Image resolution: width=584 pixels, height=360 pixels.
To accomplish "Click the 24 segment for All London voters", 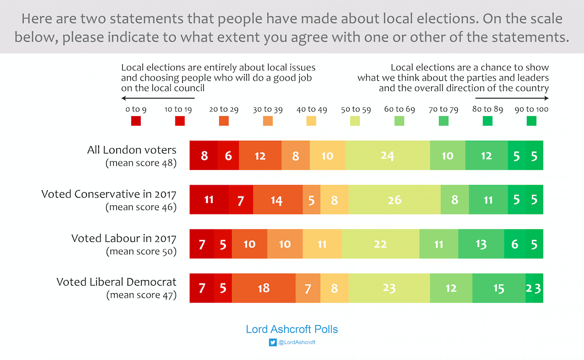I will click(387, 156).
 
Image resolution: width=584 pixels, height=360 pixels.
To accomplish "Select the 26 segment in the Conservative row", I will click(395, 200).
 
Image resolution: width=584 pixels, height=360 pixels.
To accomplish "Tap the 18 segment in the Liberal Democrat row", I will click(264, 289).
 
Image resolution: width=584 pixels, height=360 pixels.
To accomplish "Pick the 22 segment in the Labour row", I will click(380, 244).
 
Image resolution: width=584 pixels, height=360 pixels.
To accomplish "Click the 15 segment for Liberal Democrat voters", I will click(498, 289).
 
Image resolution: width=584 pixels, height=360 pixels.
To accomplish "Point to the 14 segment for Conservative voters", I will click(277, 200).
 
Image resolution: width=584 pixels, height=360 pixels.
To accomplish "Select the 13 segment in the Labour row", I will click(481, 244).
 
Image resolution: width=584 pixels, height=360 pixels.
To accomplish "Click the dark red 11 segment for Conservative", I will click(209, 200).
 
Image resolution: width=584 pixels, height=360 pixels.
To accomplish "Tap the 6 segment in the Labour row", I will click(514, 244).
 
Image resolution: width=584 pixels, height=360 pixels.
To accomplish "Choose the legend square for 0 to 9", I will click(136, 121).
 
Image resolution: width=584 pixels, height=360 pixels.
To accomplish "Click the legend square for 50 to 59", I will click(355, 121).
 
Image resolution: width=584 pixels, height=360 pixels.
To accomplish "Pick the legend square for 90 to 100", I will click(531, 121).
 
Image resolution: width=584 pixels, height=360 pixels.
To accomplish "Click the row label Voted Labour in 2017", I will click(124, 238).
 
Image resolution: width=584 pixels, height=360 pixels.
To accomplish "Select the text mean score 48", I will click(141, 163).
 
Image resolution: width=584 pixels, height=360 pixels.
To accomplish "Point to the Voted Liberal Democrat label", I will click(116, 282).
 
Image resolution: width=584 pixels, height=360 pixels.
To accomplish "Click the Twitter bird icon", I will click(273, 342).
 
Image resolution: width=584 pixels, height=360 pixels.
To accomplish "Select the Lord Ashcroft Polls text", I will click(292, 329).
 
